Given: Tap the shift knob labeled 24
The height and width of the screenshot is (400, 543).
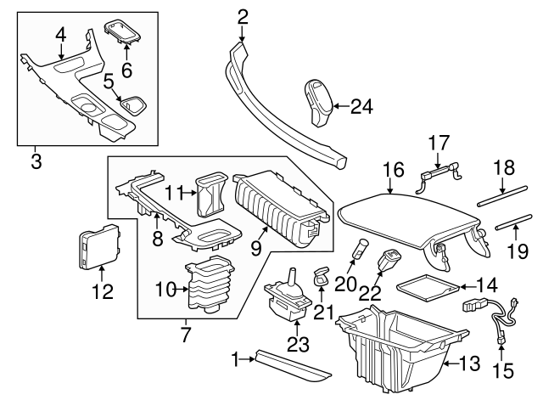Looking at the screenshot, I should click(x=318, y=101).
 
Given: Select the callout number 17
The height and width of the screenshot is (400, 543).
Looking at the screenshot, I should click(x=438, y=144).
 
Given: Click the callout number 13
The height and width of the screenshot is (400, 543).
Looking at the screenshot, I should click(x=468, y=365).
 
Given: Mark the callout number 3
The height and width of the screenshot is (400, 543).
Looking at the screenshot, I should click(x=35, y=159).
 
